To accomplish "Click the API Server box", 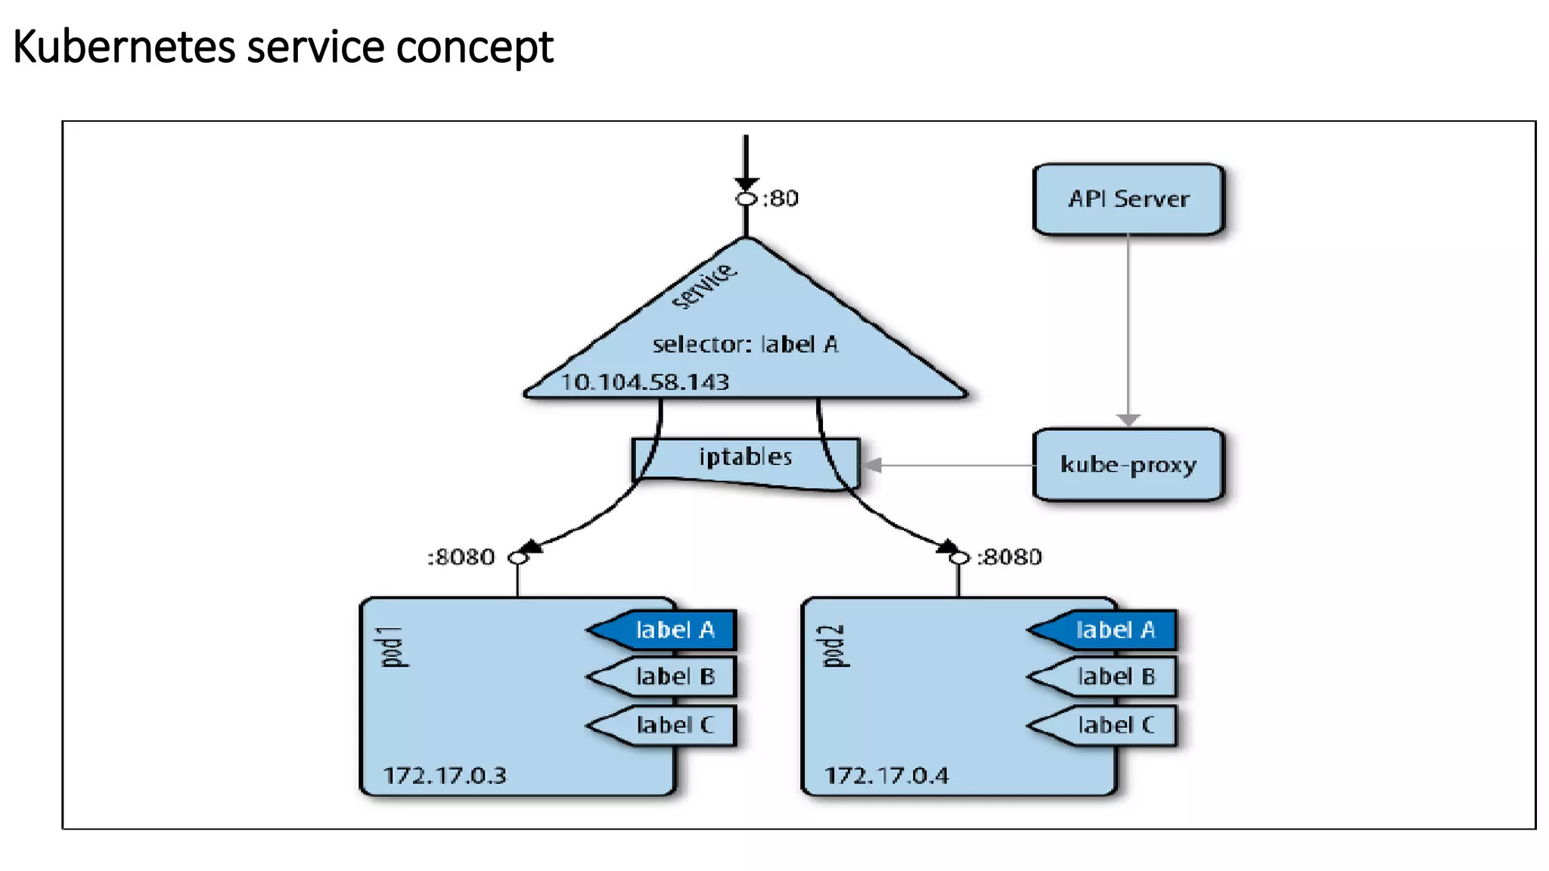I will pos(1128,199).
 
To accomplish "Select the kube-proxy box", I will pos(1128,464).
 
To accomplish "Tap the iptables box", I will pos(745,458).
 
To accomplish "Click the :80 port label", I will pos(781,198).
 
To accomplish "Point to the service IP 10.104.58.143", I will pos(644,382).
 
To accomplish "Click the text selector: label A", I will pos(745,345).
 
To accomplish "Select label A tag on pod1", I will pos(673,630).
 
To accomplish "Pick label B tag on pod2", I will pos(1115,677).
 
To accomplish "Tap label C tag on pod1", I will pos(673,725).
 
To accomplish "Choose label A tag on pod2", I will pos(1115,630).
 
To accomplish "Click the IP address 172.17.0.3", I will pos(445,776).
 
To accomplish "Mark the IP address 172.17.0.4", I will pos(886,776).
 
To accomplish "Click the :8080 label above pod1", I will pos(461,557).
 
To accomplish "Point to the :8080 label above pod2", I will pos(1010,557).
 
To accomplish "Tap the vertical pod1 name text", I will pos(393,646).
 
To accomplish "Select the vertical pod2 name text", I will pos(833,646).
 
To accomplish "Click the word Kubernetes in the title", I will pos(124,47).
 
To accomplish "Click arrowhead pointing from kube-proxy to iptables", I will pos(872,465).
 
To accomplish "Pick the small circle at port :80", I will pos(746,199).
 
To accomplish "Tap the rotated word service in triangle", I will pos(703,286).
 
